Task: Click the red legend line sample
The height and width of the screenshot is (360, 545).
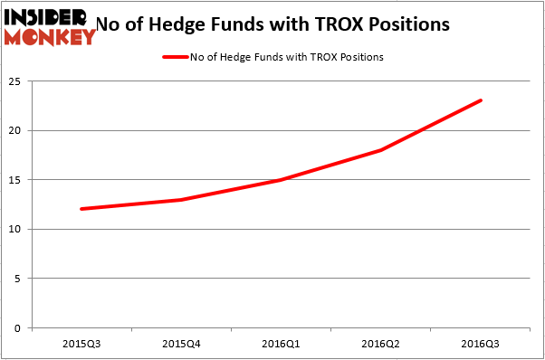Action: coord(175,57)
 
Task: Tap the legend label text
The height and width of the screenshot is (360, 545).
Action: coord(286,57)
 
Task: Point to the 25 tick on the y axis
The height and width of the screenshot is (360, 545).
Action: coord(16,81)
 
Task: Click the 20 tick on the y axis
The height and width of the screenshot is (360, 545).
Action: coord(16,130)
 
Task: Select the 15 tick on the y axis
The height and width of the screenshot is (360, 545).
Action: coord(16,180)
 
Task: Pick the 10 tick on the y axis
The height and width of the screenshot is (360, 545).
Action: coord(16,229)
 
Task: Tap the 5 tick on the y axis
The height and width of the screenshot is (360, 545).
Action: coord(20,279)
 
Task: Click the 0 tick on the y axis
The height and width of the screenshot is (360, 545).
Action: coord(20,327)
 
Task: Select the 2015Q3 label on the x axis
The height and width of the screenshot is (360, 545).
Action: coord(81,344)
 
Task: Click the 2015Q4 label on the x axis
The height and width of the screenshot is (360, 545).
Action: coord(181,344)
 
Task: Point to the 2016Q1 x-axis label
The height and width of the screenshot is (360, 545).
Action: coord(282,344)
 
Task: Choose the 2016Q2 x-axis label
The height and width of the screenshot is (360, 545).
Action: coord(381,344)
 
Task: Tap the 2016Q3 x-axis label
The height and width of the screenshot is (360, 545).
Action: coord(481,344)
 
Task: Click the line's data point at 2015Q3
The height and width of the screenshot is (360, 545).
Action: coord(81,209)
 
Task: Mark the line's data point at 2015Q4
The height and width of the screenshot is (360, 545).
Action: coord(181,199)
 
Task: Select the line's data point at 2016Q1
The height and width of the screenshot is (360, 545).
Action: coord(282,180)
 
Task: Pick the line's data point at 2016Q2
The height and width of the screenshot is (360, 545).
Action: coord(381,150)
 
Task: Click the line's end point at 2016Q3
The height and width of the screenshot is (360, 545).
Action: coord(481,100)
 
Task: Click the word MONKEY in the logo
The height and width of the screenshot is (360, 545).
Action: coord(50,37)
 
